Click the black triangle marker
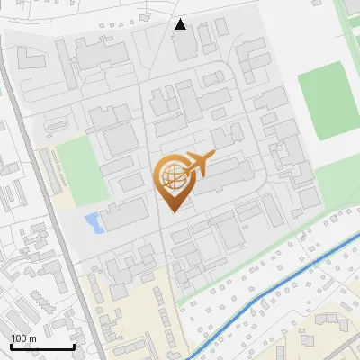181,24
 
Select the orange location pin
173,181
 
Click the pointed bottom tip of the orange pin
173,211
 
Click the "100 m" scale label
23,337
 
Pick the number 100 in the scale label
19,337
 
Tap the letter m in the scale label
32,337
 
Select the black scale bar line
41,346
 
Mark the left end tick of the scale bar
11,345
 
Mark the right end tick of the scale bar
73,345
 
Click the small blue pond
92,220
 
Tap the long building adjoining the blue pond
123,214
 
